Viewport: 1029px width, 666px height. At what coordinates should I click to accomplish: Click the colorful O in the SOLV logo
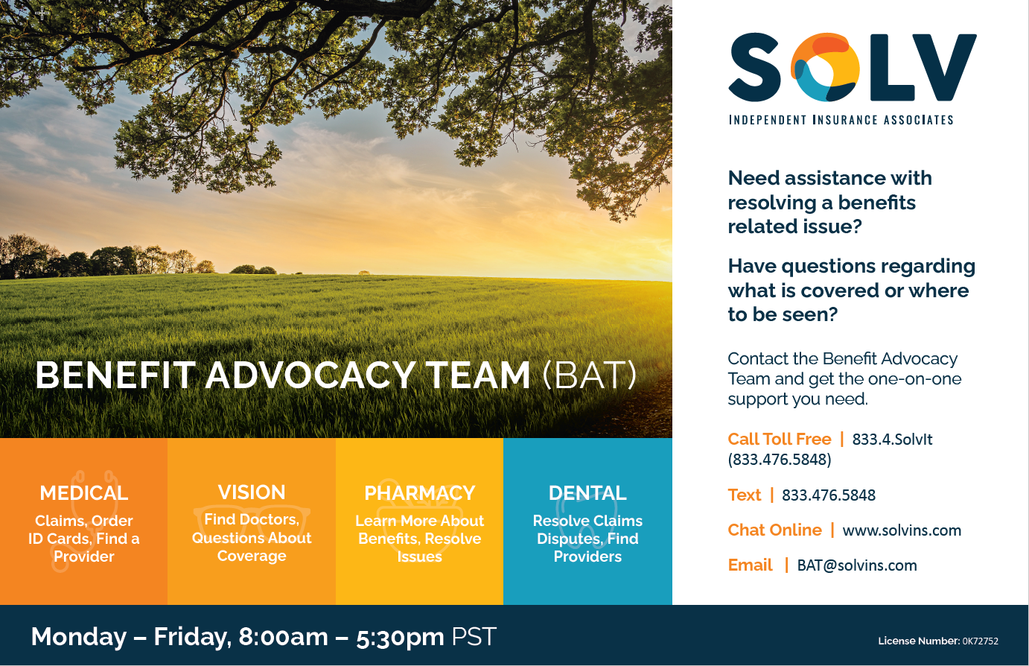point(825,67)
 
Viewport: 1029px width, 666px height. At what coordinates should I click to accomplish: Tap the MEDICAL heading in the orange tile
point(84,493)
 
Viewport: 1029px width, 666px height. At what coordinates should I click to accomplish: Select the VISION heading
point(252,492)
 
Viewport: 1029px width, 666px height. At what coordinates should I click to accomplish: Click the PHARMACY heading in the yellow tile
point(419,493)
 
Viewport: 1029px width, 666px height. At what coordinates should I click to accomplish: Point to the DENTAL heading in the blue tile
point(587,493)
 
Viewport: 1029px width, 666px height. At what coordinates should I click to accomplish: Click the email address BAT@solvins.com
point(857,565)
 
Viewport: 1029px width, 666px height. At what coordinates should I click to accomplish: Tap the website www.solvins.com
point(902,530)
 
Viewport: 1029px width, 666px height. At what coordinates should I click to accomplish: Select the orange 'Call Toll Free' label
point(780,439)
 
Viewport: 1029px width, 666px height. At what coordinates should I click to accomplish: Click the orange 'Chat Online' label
point(775,530)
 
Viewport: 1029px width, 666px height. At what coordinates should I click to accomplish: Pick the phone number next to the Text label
point(829,495)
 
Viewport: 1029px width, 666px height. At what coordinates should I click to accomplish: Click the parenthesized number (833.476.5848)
point(780,459)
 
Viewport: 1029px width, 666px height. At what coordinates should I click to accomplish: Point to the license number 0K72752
point(981,641)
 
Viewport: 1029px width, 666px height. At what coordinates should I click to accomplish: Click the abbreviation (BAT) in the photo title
point(590,375)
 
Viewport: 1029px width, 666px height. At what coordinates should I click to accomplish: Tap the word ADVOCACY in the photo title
point(311,375)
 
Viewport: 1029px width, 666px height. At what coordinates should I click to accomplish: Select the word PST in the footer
point(474,637)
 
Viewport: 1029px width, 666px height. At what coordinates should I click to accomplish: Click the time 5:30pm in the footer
point(400,637)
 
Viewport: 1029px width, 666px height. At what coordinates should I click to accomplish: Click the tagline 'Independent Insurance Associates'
point(841,120)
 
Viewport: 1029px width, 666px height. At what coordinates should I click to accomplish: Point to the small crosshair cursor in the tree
point(42,13)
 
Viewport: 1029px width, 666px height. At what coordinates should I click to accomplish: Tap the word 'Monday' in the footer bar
point(79,638)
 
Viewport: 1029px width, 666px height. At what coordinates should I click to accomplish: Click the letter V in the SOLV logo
point(946,67)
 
